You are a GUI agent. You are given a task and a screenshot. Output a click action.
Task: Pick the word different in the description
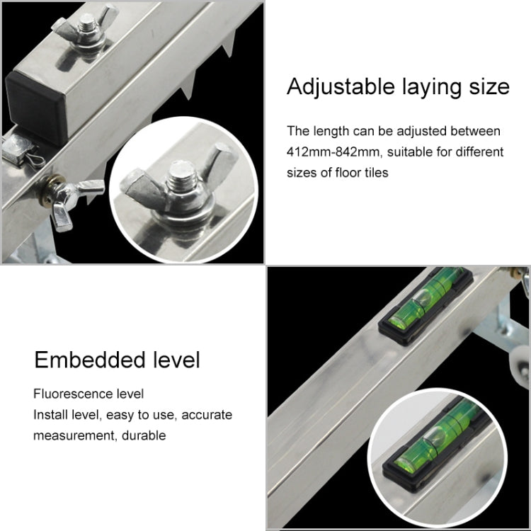[479, 152]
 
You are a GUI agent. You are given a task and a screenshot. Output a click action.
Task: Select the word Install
[50, 414]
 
